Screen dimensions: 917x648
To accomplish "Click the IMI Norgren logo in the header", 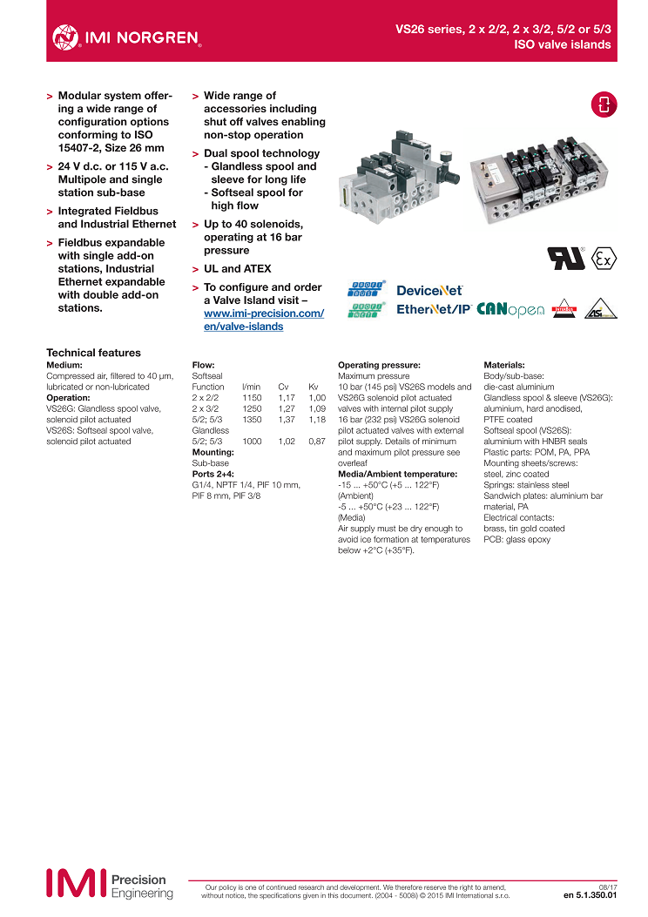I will coord(126,37).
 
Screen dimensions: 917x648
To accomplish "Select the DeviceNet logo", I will coord(429,291).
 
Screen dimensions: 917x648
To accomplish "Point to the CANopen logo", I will coord(510,310).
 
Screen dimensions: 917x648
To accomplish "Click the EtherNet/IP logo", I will coord(434,310).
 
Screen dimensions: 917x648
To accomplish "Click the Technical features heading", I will coord(93,353).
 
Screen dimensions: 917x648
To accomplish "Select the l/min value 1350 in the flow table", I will coord(252,419).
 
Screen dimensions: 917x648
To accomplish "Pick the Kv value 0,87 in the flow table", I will coord(316,442).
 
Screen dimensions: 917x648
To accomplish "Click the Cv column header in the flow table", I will coord(283,386).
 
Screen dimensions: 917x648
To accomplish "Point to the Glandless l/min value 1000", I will coord(252,442).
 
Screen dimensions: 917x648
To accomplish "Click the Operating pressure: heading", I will coord(379,365).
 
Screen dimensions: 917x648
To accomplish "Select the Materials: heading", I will coord(510,365).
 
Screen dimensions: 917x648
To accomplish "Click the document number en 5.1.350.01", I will coord(590,894).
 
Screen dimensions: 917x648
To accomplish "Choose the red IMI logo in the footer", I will coord(76,882).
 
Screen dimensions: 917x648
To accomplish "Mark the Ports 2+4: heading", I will coord(213,475).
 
